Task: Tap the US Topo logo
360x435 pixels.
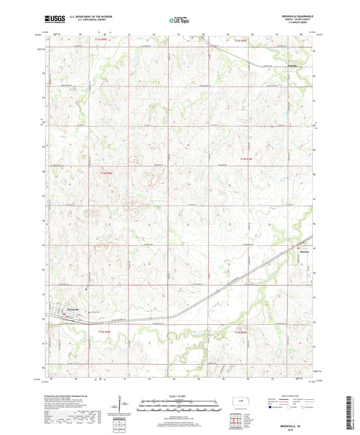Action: [x=178, y=21]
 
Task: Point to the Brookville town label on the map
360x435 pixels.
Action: [x=62, y=308]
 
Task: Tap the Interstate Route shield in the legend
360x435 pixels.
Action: [x=272, y=407]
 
